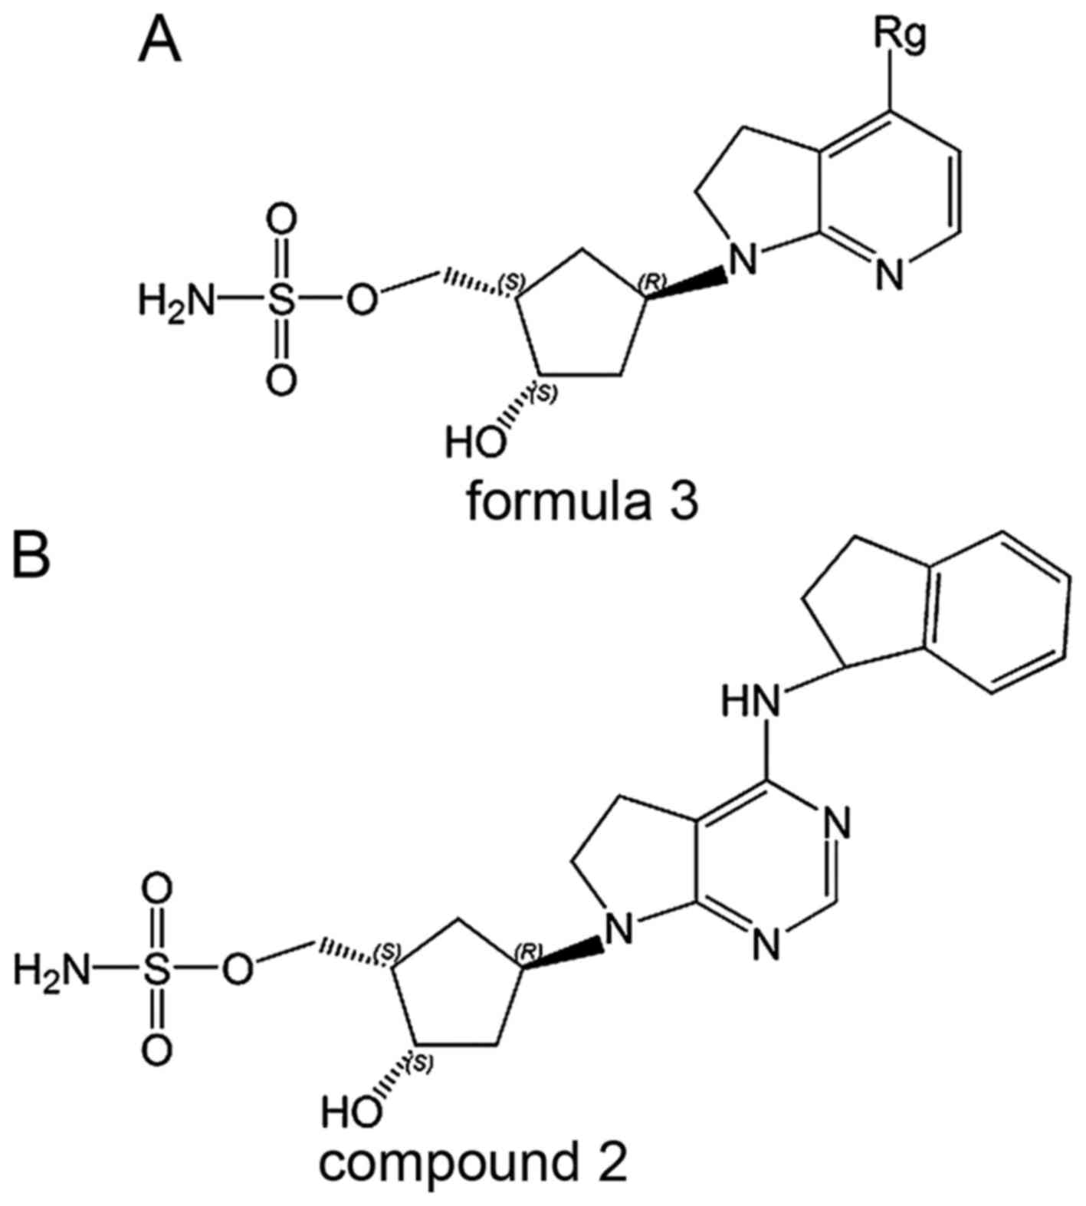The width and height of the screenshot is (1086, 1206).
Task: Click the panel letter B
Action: click(x=30, y=554)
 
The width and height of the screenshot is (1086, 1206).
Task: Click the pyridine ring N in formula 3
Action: click(x=888, y=275)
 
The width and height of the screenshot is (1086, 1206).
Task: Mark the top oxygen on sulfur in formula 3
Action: click(x=282, y=222)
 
